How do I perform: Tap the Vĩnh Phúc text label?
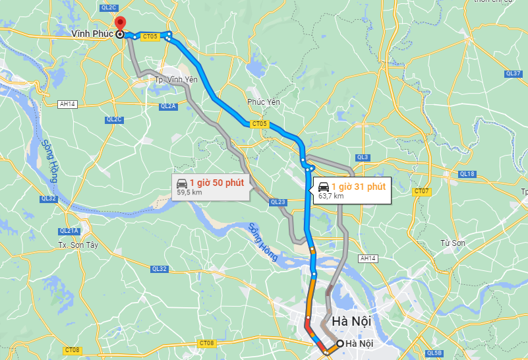click(93, 32)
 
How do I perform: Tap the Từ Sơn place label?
click(453, 243)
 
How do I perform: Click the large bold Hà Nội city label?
click(352, 321)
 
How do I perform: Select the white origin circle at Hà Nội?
click(339, 344)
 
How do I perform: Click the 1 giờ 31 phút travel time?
click(358, 187)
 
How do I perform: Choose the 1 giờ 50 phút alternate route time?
click(217, 183)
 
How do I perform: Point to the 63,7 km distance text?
click(330, 196)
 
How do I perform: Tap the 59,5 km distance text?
click(189, 193)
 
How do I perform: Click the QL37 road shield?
click(513, 73)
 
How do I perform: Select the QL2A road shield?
click(168, 106)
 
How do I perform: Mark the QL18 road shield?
click(467, 174)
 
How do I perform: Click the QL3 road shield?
click(362, 158)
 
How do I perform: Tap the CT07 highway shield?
click(421, 191)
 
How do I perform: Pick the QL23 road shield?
click(278, 202)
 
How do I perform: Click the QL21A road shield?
click(69, 231)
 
